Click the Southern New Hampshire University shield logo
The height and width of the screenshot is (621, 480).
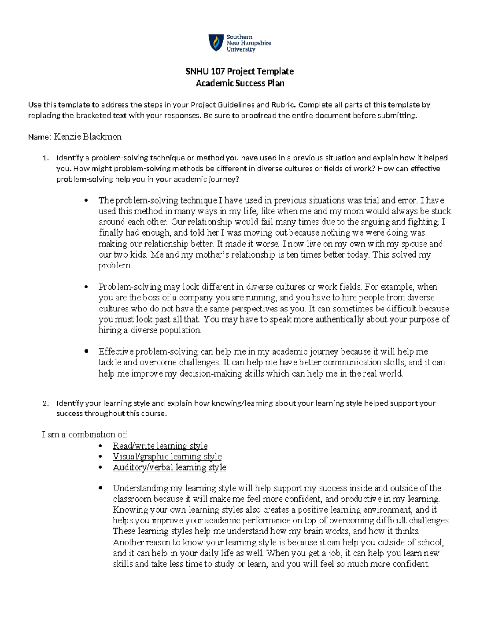216,43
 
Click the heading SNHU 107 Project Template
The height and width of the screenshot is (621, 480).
240,71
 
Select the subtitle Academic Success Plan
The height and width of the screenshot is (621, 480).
240,83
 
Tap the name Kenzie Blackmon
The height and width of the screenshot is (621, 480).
88,137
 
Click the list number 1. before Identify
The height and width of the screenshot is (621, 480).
45,158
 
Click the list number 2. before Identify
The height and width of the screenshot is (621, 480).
45,403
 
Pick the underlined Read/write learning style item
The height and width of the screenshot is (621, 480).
160,446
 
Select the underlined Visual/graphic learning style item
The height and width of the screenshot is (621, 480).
167,457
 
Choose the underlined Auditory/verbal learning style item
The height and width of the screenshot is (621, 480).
169,467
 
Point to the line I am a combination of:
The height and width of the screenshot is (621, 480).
84,435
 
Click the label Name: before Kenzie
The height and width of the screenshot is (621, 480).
39,137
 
